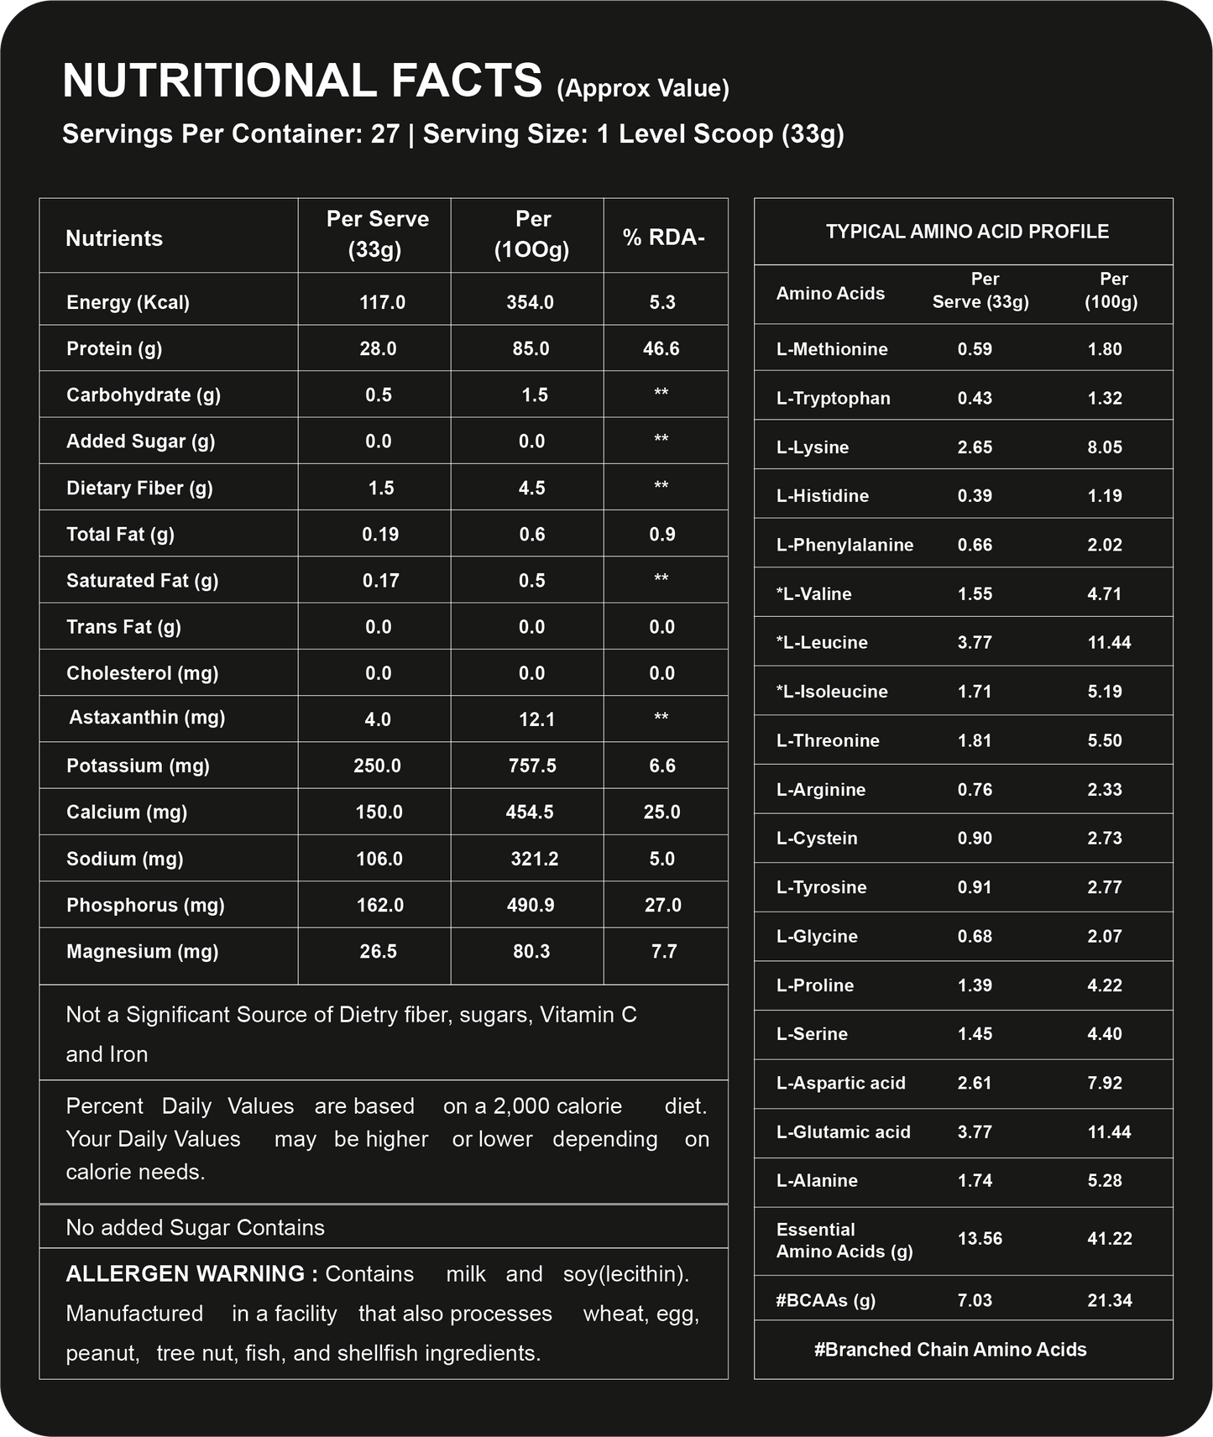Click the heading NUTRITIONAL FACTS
[x=302, y=81]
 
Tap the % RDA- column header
[x=663, y=238]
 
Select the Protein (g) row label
[x=114, y=348]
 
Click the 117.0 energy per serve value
[x=382, y=302]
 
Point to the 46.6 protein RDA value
[x=661, y=348]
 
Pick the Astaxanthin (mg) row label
[x=147, y=718]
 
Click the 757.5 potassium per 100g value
[x=532, y=766]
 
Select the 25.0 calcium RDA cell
[x=661, y=812]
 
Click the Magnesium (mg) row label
[x=142, y=951]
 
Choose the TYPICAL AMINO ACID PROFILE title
[x=967, y=232]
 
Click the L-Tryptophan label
[x=833, y=398]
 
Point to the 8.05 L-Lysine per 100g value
[x=1105, y=447]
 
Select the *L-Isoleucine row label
[x=832, y=692]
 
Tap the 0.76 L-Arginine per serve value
[x=975, y=789]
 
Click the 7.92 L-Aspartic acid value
[x=1105, y=1083]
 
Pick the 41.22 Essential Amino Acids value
[x=1110, y=1238]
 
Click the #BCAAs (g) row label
[x=825, y=1300]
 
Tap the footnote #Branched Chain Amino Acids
[x=950, y=1349]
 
